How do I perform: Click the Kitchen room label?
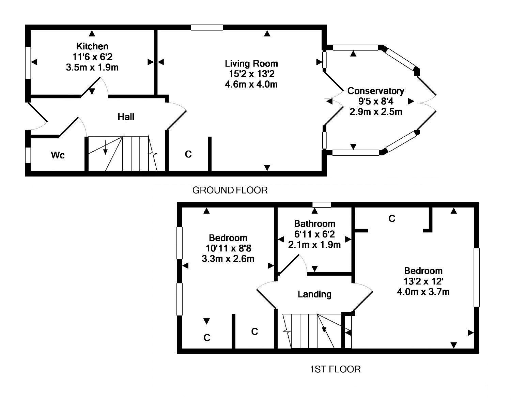point(92,46)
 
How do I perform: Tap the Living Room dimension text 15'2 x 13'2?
point(251,74)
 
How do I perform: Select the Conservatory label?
point(375,91)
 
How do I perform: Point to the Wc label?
point(58,155)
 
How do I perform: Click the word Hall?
point(126,117)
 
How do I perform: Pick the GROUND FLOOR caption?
point(230,190)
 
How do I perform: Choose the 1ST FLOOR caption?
point(335,369)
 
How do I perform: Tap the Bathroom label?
point(314,224)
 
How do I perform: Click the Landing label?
point(314,294)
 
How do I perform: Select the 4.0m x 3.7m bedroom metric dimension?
point(423,292)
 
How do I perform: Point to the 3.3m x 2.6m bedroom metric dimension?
point(228,259)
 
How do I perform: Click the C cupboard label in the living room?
point(188,154)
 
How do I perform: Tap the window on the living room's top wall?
point(207,28)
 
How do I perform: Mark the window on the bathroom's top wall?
point(322,205)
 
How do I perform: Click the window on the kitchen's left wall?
point(28,63)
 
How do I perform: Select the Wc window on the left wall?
point(28,155)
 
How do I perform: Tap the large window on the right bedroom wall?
point(477,277)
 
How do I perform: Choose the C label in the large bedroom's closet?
point(392,218)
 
